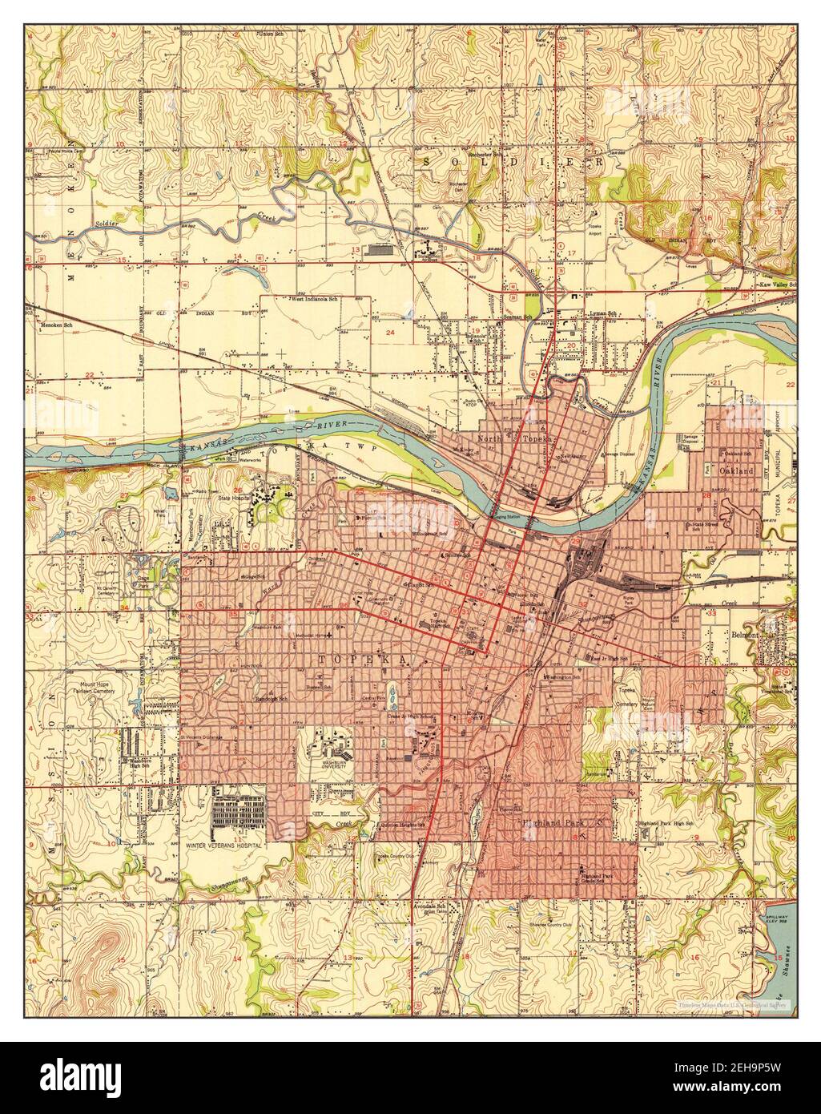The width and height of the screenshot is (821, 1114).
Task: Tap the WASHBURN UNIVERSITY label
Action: [x=328, y=764]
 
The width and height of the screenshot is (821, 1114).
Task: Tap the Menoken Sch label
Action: [x=57, y=325]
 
